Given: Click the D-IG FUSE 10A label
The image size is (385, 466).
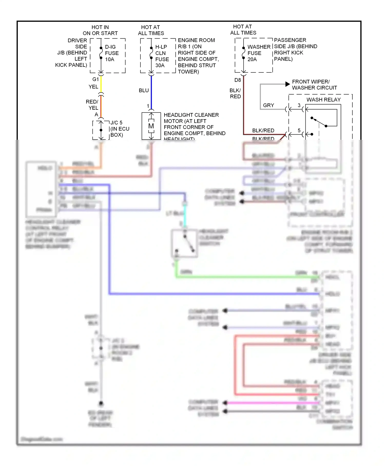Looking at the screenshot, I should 112,53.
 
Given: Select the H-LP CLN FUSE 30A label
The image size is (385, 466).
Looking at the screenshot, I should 162,56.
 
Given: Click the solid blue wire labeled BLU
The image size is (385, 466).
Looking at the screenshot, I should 151,92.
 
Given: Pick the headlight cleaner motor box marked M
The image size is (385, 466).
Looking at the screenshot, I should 151,126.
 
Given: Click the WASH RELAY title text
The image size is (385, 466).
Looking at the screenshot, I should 323,100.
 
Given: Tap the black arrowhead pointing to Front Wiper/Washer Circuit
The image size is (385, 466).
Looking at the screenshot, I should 287,84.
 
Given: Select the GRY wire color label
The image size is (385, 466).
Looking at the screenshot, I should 268,105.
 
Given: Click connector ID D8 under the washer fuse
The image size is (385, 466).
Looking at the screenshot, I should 238,80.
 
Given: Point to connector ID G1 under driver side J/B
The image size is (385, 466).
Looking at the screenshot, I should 95,79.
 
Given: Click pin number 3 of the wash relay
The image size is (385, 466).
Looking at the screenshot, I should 299,105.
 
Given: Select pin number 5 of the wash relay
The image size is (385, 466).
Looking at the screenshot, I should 299,131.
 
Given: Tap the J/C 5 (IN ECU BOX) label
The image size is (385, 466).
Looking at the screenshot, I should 120,129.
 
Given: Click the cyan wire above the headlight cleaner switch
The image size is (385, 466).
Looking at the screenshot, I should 184,216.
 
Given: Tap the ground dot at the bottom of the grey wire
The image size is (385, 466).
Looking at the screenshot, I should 101,403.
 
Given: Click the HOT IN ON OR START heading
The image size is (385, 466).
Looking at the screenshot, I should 100,30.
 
